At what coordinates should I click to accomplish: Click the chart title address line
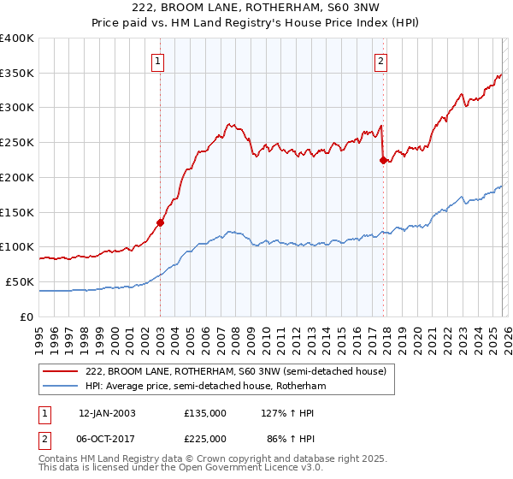point(256,8)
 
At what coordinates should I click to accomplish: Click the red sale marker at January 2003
point(160,222)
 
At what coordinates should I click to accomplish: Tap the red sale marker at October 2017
point(383,160)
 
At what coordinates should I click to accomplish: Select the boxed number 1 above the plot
point(160,61)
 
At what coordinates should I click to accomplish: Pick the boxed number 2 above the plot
point(380,61)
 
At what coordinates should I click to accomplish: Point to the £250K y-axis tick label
point(17,143)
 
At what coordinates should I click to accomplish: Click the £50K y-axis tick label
point(21,281)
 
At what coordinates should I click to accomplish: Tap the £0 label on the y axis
point(27,316)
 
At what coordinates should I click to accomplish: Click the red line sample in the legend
point(61,371)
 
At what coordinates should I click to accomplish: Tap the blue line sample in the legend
point(61,386)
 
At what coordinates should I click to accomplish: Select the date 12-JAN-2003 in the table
point(107,412)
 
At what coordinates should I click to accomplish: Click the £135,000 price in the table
point(204,412)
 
